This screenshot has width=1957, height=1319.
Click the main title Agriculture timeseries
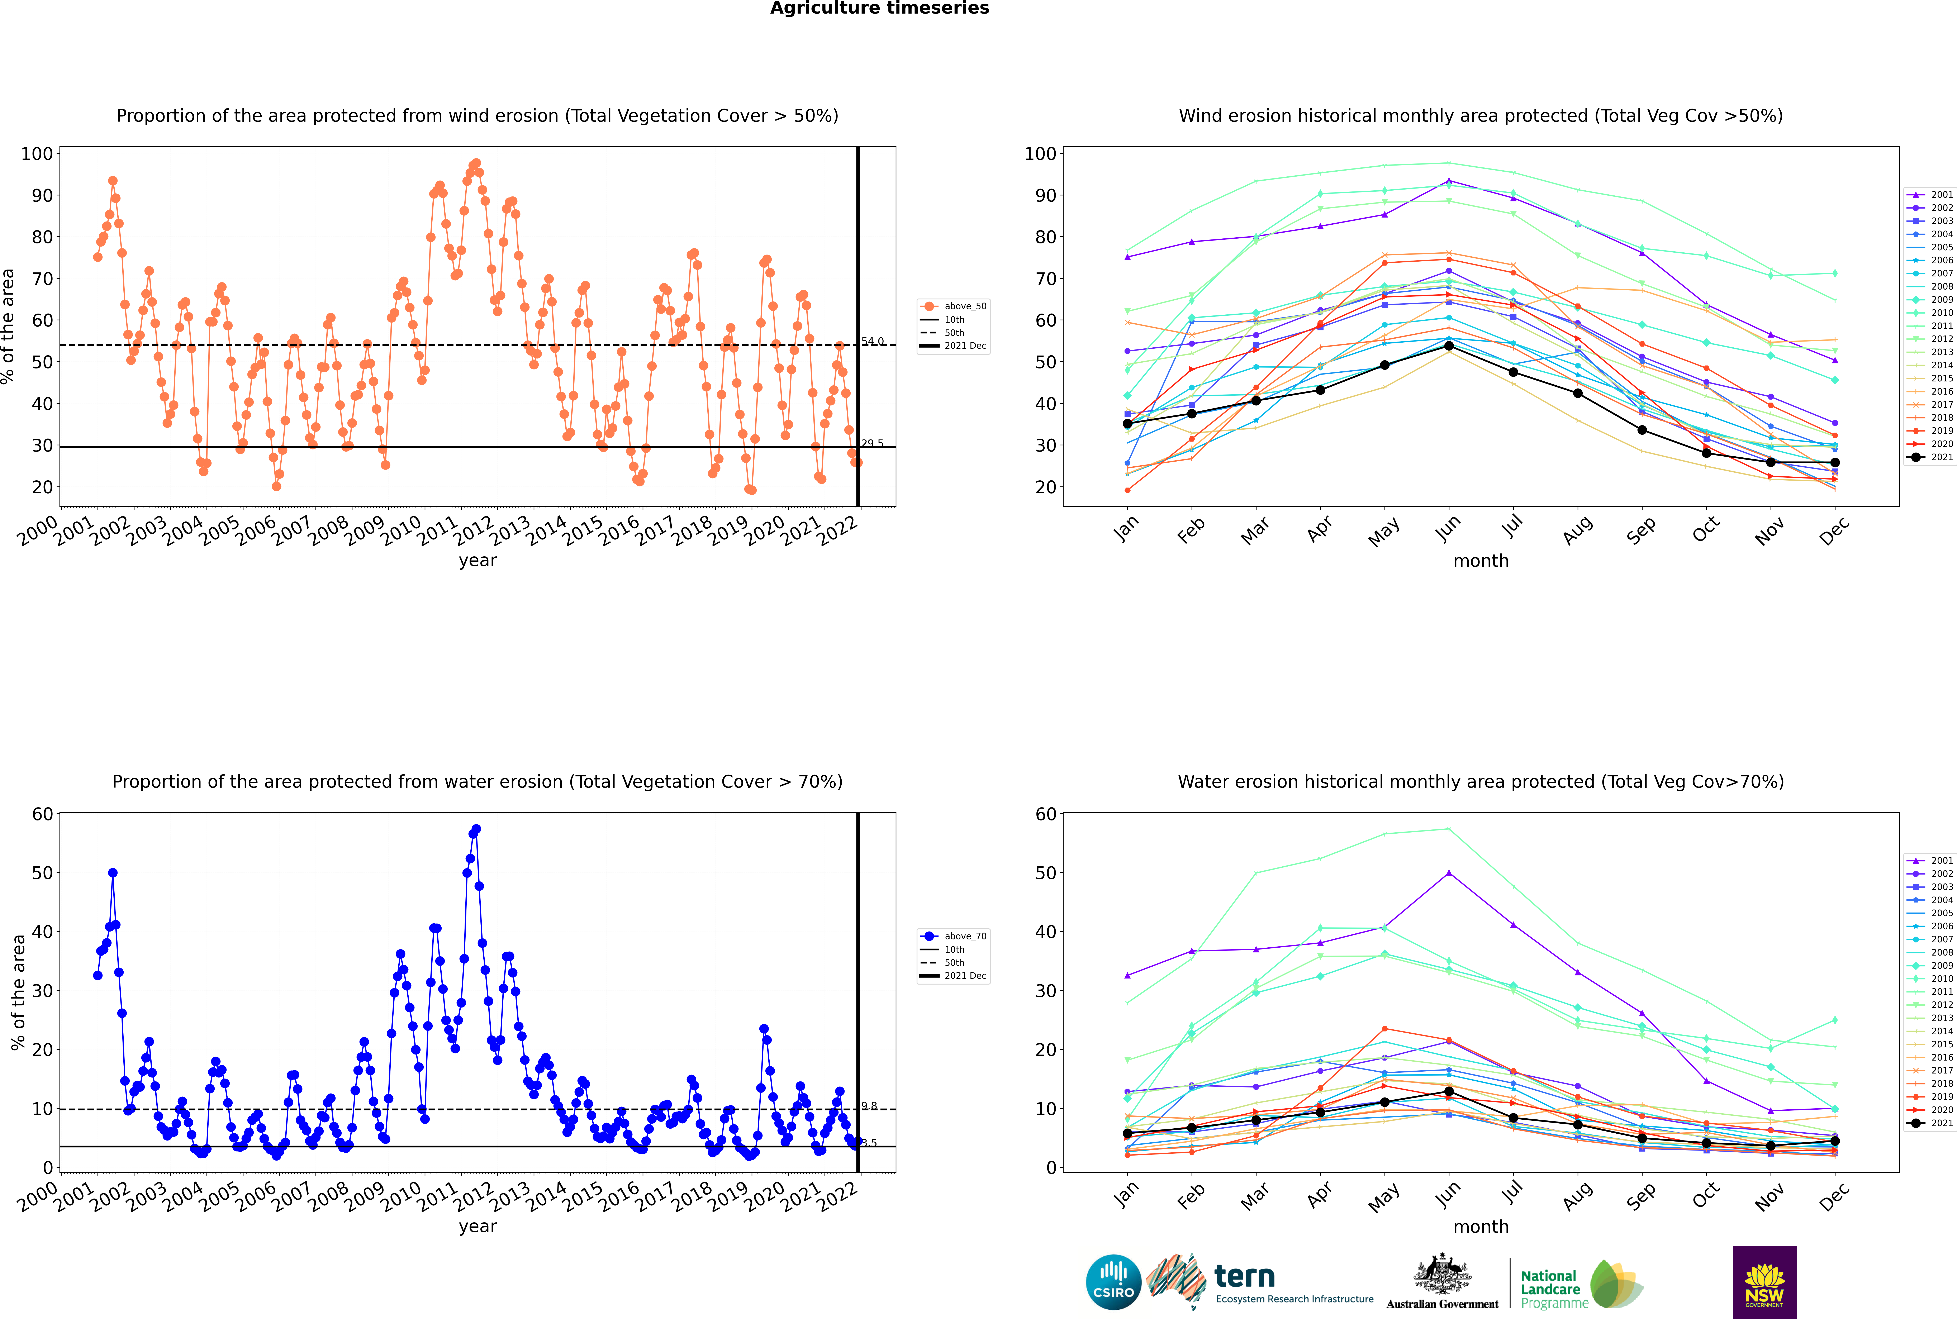click(x=879, y=8)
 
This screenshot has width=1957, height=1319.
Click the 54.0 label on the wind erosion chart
click(x=873, y=342)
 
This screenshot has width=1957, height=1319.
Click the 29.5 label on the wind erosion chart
click(x=873, y=443)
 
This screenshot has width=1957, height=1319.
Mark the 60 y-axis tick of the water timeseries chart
click(x=42, y=814)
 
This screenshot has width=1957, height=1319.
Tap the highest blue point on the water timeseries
click(x=476, y=829)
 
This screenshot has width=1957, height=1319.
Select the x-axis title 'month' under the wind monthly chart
click(x=1481, y=561)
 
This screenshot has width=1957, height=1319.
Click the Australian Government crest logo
click(x=1442, y=1280)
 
